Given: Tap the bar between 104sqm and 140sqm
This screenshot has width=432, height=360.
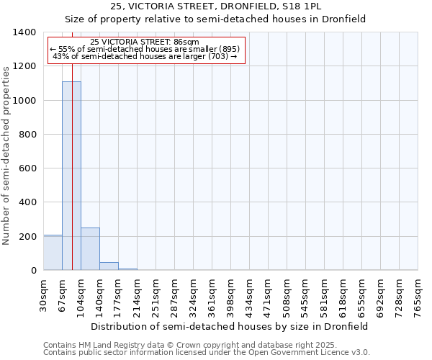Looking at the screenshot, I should [x=90, y=248].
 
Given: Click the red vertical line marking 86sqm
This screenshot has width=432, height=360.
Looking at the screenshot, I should [x=73, y=144].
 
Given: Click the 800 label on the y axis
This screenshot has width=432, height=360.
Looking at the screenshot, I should [x=27, y=135].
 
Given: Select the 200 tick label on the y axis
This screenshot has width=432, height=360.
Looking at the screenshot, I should [x=27, y=237].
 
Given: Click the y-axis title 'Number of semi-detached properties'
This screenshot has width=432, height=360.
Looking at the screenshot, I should [x=6, y=155].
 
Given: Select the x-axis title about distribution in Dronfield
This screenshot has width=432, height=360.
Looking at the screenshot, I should [x=230, y=326].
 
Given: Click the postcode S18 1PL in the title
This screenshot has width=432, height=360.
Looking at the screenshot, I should [x=302, y=6].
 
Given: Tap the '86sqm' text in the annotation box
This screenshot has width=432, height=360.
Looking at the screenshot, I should [x=186, y=42].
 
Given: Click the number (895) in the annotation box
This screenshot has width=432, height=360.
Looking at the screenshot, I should [x=225, y=49].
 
